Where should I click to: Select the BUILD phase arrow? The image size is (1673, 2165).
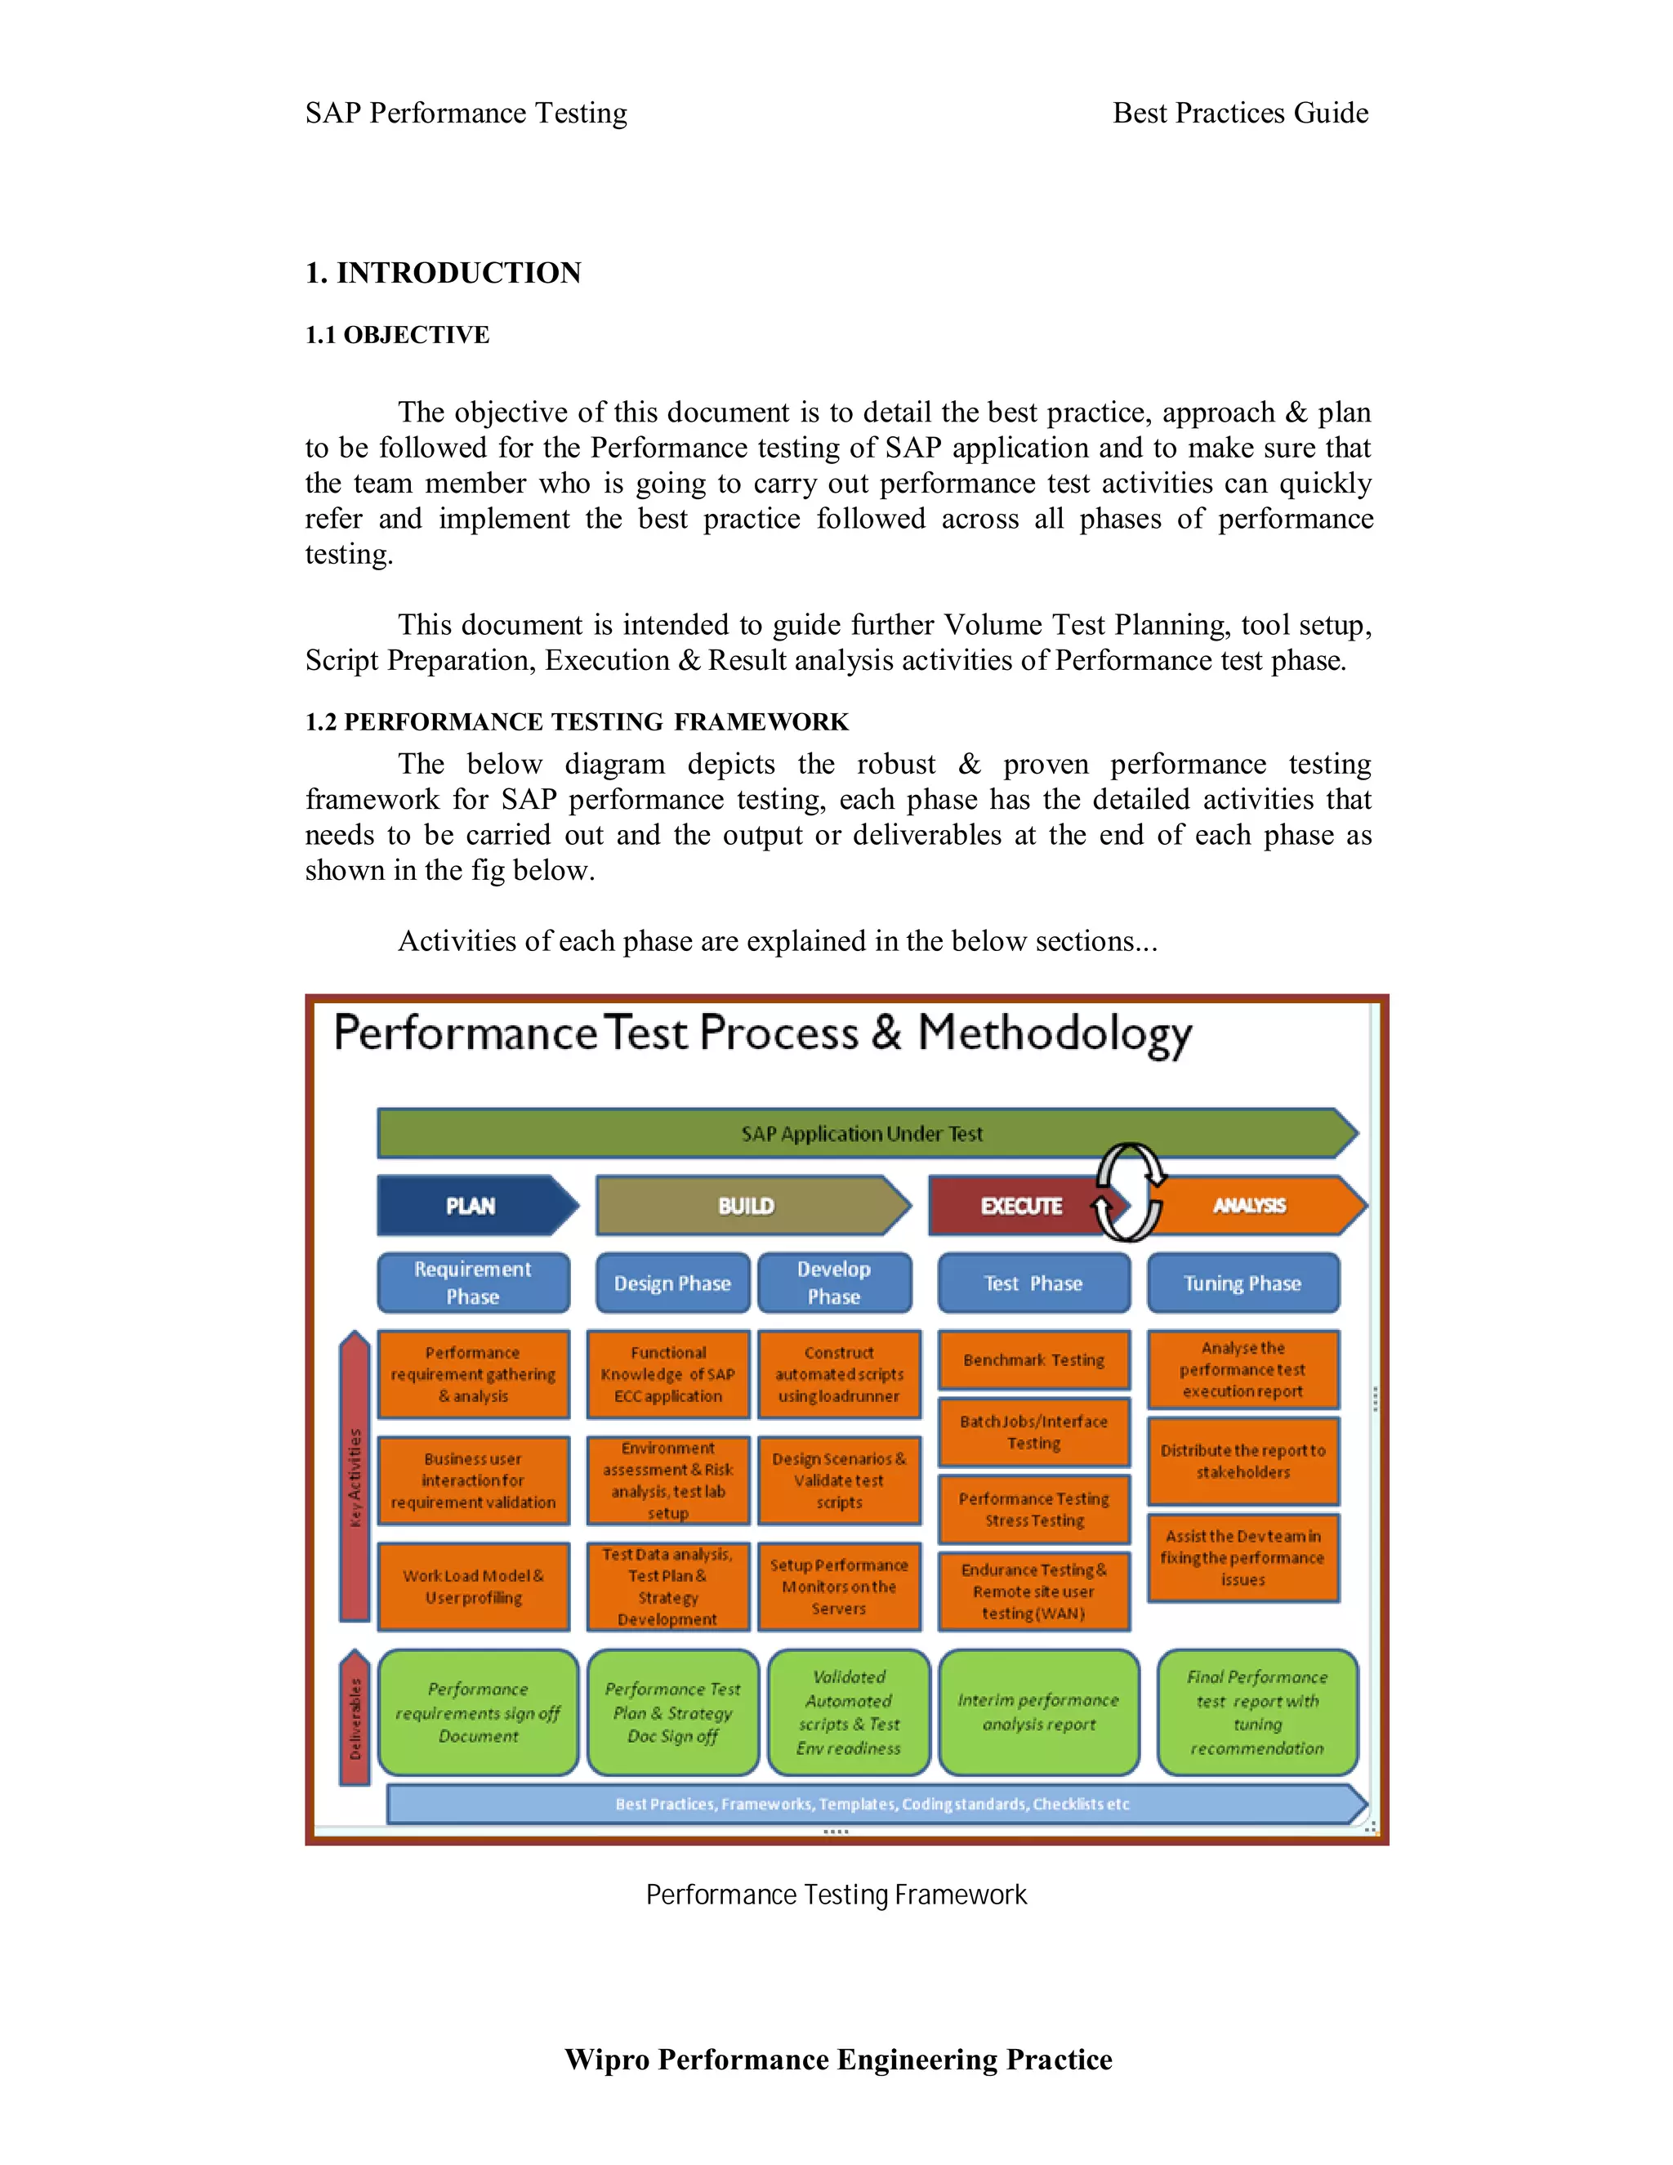(x=748, y=1205)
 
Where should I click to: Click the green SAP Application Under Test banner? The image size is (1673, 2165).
(x=861, y=1133)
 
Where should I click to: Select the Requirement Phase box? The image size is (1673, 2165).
(x=473, y=1283)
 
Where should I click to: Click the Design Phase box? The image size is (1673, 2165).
(x=672, y=1283)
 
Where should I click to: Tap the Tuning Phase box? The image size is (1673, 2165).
(x=1242, y=1283)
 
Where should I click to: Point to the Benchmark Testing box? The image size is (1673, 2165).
(x=1033, y=1360)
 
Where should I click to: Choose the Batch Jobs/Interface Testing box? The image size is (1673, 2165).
(x=1033, y=1432)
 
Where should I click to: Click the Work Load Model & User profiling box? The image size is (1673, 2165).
(x=473, y=1586)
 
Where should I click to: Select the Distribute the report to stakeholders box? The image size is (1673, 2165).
(x=1242, y=1462)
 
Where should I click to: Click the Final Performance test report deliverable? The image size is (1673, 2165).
(x=1256, y=1712)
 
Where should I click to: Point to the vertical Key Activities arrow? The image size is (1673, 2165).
(x=355, y=1477)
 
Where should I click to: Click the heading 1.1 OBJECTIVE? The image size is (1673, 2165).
(x=398, y=335)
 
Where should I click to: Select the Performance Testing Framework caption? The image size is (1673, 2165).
(x=836, y=1895)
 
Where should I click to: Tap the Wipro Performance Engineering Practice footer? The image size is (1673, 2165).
(x=837, y=2059)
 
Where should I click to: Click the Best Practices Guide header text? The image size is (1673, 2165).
(x=1240, y=113)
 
